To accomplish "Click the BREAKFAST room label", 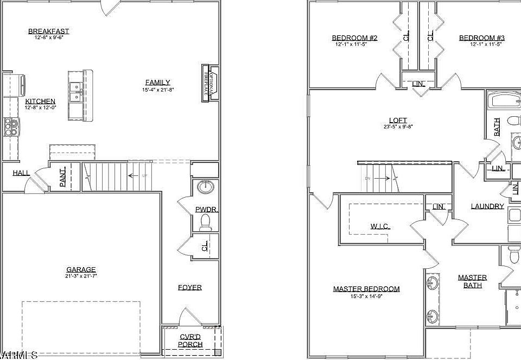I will click(49, 31).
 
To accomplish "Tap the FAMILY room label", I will click(157, 83).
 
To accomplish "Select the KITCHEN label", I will click(40, 102).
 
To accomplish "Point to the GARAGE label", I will click(81, 269).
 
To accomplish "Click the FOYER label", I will click(190, 287).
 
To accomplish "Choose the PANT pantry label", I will click(63, 177).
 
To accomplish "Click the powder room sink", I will click(206, 187).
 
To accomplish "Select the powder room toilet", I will click(205, 222).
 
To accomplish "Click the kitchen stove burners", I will click(11, 127).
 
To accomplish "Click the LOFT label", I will click(398, 121).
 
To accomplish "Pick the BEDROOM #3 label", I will click(482, 38).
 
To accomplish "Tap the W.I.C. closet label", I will click(380, 226).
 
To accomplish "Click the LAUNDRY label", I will click(487, 206).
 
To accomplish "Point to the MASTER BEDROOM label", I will click(366, 289).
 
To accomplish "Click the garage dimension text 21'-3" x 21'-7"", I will click(81, 276).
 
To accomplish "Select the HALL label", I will click(22, 173).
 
